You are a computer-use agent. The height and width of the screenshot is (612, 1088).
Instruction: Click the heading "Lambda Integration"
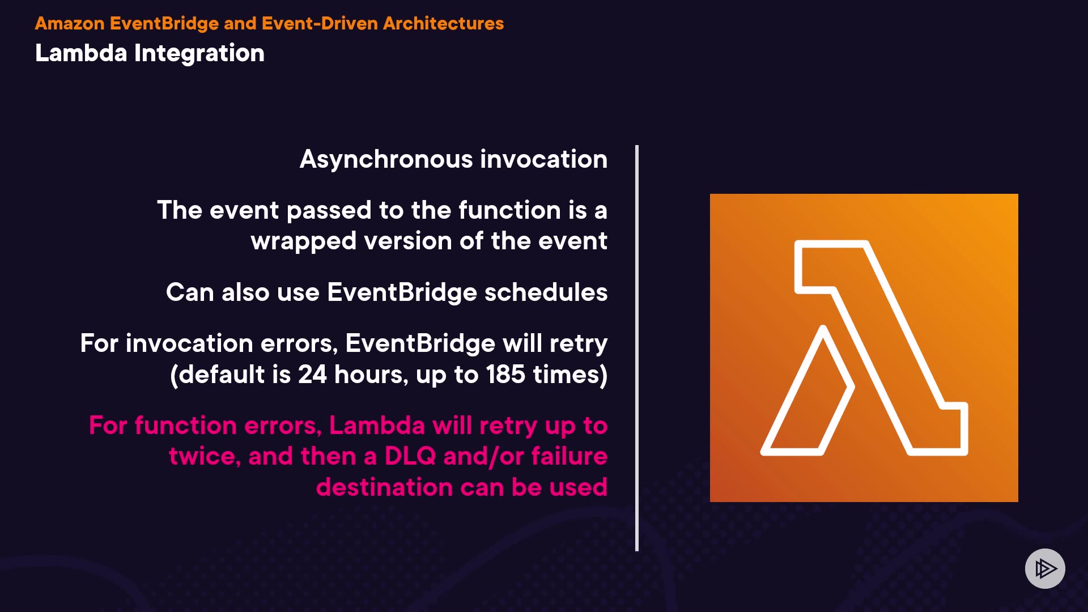pyautogui.click(x=150, y=53)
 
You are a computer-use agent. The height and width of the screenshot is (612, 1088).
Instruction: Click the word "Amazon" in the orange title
pyautogui.click(x=70, y=23)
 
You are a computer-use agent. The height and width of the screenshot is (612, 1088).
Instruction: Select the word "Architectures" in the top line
pyautogui.click(x=443, y=23)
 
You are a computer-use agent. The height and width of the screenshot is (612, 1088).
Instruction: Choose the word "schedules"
pyautogui.click(x=546, y=292)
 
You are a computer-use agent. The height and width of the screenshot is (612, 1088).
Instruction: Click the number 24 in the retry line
pyautogui.click(x=312, y=375)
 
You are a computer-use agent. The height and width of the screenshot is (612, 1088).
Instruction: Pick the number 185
pyautogui.click(x=505, y=375)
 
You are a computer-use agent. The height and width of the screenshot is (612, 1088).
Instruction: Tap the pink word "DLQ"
pyautogui.click(x=410, y=456)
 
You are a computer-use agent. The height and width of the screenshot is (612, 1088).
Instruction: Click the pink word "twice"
pyautogui.click(x=205, y=457)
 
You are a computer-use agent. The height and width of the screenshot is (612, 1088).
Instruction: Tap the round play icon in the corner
pyautogui.click(x=1045, y=568)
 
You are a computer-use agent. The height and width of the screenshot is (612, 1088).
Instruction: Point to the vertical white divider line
pyautogui.click(x=637, y=348)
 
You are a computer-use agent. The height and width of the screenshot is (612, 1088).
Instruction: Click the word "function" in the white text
pyautogui.click(x=509, y=210)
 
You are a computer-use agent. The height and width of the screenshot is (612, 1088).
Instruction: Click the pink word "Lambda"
pyautogui.click(x=377, y=426)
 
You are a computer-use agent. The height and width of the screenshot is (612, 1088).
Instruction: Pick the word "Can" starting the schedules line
pyautogui.click(x=189, y=292)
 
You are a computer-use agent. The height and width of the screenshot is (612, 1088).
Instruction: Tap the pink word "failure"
pyautogui.click(x=569, y=456)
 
